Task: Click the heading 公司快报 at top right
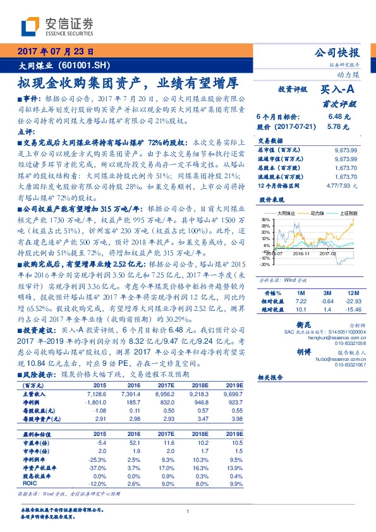click(341, 53)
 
